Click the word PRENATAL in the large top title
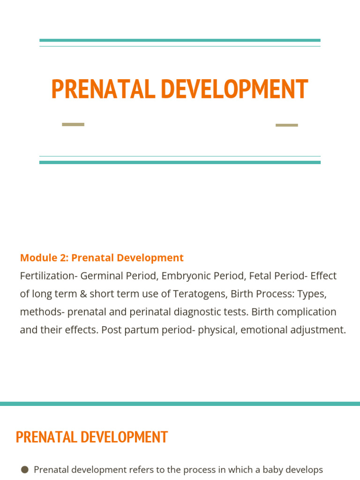[x=103, y=89]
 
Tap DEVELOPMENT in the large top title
[x=234, y=89]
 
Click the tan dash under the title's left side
[x=73, y=124]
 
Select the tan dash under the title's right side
[x=286, y=125]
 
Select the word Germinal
[x=100, y=276]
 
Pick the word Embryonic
[x=185, y=276]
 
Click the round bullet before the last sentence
[x=25, y=469]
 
